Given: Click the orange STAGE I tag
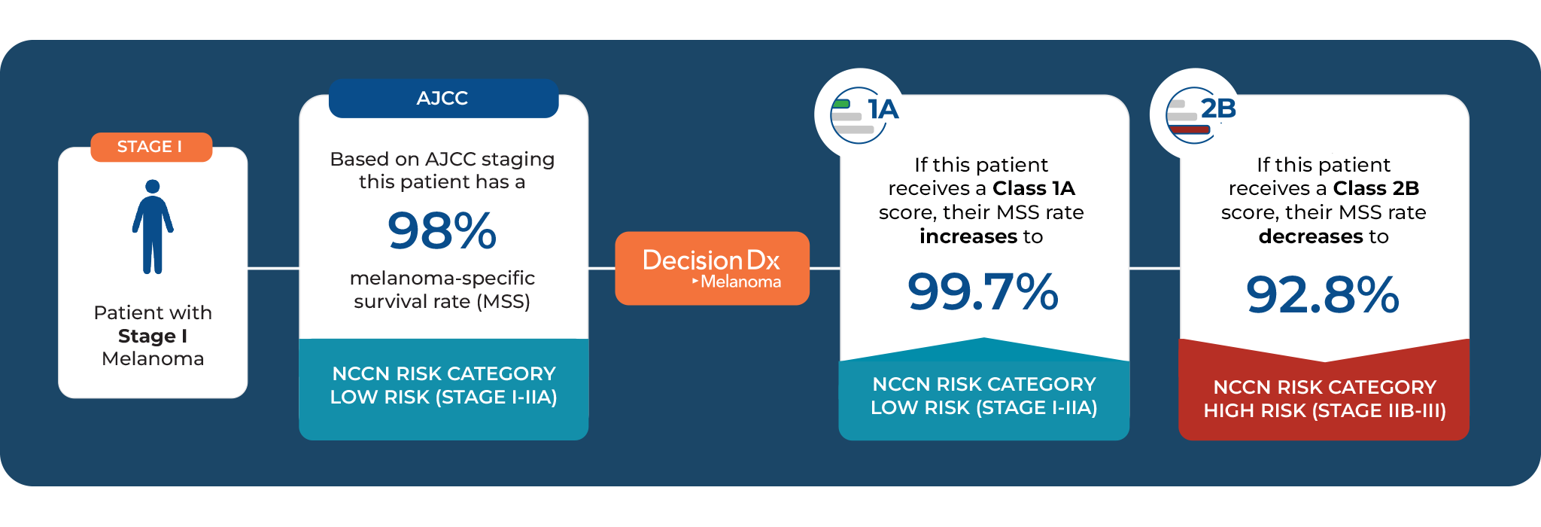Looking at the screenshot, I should coord(151,147).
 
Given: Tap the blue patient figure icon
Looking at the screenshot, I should coord(153,227).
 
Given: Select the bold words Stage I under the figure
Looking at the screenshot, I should coord(153,336).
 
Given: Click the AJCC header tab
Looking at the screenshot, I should coord(443,99).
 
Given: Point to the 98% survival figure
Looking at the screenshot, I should coord(442,230).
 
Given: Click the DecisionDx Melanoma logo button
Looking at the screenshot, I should coord(712,268).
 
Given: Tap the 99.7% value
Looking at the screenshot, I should coord(983,292).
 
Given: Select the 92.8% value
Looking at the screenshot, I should coord(1322,294).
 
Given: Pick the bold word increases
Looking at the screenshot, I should coord(968,236).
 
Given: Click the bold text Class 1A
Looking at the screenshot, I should coord(1033,188).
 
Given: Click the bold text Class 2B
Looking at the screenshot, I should coord(1375,188).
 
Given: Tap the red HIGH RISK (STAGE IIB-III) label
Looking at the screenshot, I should coord(1324,410).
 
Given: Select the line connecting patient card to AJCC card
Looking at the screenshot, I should coord(273,268).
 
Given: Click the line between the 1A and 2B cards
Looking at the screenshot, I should coord(1154,268).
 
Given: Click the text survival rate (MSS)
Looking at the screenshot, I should coord(442,302).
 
